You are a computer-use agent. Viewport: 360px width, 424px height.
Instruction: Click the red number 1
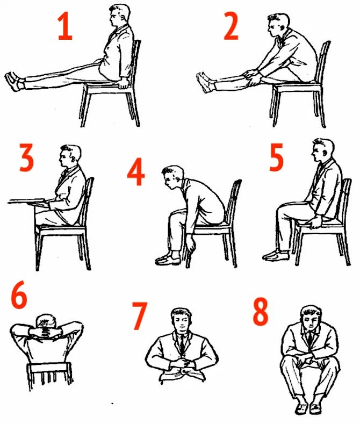click(65, 26)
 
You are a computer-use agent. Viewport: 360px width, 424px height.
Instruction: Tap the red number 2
click(231, 26)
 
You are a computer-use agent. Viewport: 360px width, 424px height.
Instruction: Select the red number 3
click(26, 157)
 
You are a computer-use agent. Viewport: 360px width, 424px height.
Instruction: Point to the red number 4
click(136, 172)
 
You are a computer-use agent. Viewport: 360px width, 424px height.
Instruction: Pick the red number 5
click(276, 157)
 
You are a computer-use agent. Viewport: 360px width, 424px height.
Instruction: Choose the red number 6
click(19, 294)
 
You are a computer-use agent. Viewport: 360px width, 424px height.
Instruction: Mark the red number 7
click(140, 315)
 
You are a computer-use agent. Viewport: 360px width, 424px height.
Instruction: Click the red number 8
click(261, 311)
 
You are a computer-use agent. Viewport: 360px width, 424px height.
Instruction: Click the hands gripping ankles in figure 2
click(251, 77)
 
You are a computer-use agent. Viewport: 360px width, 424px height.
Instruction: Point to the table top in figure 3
click(27, 201)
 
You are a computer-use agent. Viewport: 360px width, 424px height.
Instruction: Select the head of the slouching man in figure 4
click(172, 177)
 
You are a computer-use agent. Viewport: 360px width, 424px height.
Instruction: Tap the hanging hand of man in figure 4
click(192, 245)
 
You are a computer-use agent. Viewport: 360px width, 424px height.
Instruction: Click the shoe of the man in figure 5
click(276, 255)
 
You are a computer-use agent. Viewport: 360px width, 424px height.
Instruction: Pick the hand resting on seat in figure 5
click(315, 222)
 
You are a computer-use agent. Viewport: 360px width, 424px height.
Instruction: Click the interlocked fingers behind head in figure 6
click(46, 332)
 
